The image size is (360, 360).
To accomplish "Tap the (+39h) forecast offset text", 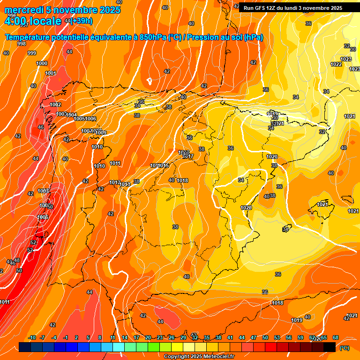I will pyautogui.click(x=81, y=21).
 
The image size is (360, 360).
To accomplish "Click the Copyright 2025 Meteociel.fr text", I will pyautogui.click(x=199, y=356).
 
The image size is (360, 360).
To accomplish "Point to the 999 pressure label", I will pyautogui.click(x=32, y=53).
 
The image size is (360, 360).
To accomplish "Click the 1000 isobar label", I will pyautogui.click(x=42, y=63).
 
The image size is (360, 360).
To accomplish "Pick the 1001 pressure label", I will pyautogui.click(x=51, y=73).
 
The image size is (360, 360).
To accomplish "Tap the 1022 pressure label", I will pyautogui.click(x=336, y=64).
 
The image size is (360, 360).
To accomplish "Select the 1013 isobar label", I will pyautogui.click(x=125, y=184).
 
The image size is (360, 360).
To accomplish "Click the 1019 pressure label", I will pyautogui.click(x=296, y=320).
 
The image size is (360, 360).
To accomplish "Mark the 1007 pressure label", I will pyautogui.click(x=44, y=191).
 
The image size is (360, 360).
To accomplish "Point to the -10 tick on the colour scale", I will pyautogui.click(x=32, y=337).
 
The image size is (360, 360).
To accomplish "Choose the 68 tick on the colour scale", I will pyautogui.click(x=336, y=337).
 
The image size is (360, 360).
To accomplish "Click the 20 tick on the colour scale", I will pyautogui.click(x=148, y=337).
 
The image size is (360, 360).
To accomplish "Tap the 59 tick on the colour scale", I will pyautogui.click(x=300, y=337).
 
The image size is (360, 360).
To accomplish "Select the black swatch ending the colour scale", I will pyautogui.click(x=330, y=347).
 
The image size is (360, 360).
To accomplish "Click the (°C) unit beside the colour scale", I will pyautogui.click(x=344, y=347).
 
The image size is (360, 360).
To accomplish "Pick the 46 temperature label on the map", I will pyautogui.click(x=41, y=127).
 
